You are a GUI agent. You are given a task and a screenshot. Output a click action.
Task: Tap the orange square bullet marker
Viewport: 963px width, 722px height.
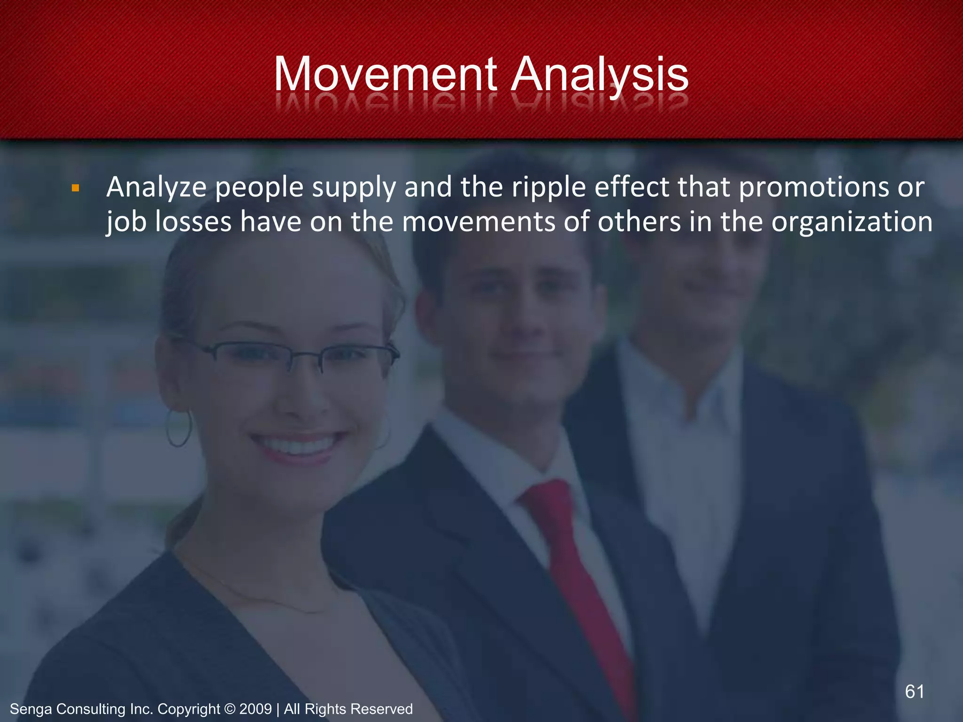75,189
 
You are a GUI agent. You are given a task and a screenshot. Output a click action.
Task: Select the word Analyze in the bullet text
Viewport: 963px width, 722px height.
156,188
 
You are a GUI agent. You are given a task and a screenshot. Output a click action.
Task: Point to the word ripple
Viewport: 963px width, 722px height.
549,188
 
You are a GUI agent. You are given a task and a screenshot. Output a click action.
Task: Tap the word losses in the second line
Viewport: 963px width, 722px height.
193,222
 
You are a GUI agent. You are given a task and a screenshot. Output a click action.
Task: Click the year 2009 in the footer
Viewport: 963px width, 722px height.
255,709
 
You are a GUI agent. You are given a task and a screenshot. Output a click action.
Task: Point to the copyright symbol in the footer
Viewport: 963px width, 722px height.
229,709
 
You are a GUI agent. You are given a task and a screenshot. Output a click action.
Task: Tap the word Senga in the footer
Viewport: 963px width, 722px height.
31,709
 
